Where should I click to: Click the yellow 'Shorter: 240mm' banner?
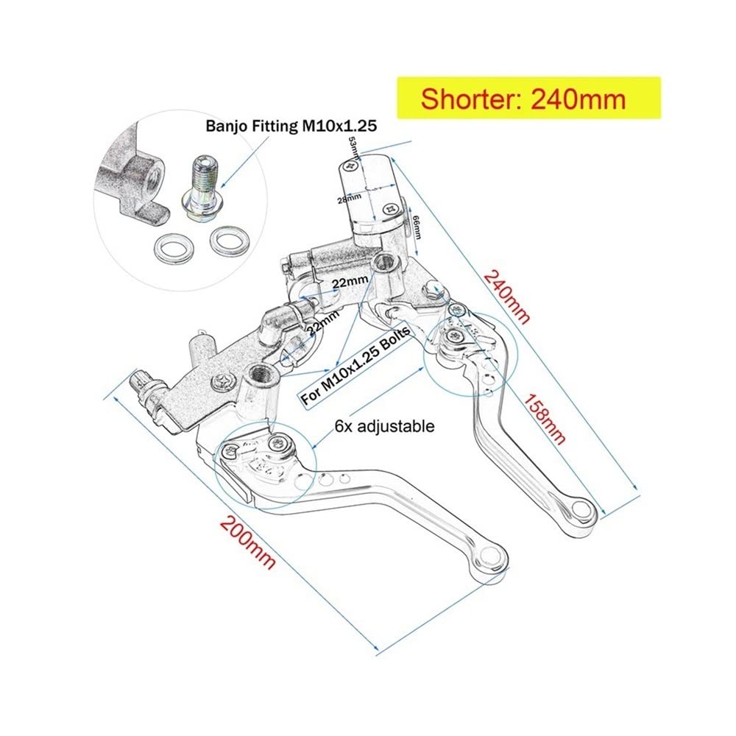point(529,98)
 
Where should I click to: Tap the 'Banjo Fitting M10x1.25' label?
point(291,126)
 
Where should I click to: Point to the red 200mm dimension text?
point(248,542)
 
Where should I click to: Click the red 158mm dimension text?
point(544,420)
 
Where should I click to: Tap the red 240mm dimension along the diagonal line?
point(506,296)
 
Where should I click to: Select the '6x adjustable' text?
point(384,426)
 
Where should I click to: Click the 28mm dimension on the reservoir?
point(349,199)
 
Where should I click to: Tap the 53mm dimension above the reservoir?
point(353,148)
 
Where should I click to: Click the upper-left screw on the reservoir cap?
point(350,165)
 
